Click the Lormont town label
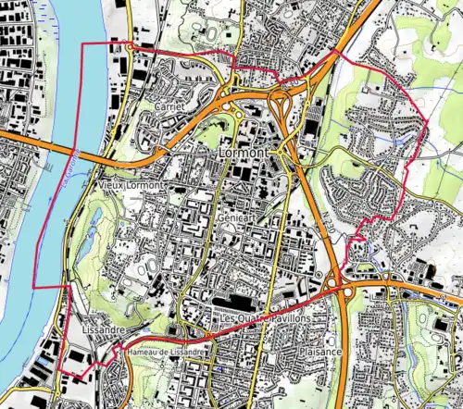click(244, 151)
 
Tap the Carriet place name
click(170, 107)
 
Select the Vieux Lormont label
click(130, 185)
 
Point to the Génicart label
click(237, 215)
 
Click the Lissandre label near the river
click(99, 328)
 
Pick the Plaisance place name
click(319, 353)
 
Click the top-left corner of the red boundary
click(84, 43)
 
